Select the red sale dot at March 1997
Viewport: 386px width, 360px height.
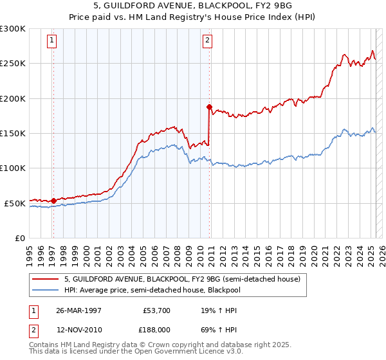tap(53, 201)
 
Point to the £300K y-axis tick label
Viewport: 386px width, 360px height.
tap(13, 29)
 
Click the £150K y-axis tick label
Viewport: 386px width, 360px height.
tap(13, 133)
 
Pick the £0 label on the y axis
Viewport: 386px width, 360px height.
tap(19, 238)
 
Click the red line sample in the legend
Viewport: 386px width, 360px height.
tap(46, 279)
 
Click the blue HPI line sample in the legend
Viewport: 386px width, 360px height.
tap(46, 290)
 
